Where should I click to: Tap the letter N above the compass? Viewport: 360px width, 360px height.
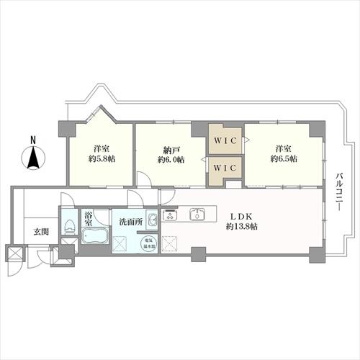tap(32, 140)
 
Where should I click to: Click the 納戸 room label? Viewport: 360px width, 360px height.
tap(171, 149)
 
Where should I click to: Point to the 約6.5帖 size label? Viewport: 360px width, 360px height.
tap(283, 159)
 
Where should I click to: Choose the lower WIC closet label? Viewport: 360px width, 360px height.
tap(226, 168)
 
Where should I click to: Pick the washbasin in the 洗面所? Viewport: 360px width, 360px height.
tap(153, 220)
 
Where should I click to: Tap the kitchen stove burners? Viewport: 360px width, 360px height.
tap(171, 215)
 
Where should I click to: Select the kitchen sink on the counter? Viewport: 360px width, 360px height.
tap(197, 215)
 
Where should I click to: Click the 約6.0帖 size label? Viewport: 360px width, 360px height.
tap(171, 159)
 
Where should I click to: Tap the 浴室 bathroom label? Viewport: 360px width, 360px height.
tap(88, 218)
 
